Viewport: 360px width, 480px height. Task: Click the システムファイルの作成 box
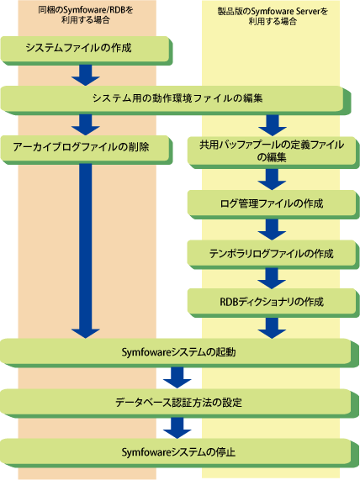click(x=87, y=50)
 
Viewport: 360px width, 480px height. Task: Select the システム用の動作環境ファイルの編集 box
click(x=176, y=100)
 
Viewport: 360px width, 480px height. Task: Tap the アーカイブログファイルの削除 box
click(x=87, y=150)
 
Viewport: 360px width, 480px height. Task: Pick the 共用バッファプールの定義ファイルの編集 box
click(x=273, y=152)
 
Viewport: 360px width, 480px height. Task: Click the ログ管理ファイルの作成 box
click(x=273, y=205)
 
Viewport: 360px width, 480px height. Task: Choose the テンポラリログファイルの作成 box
click(x=273, y=255)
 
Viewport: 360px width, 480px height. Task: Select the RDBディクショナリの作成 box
click(x=273, y=303)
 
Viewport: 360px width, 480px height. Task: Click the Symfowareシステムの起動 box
click(x=179, y=353)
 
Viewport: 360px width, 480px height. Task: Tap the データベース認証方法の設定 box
click(x=179, y=404)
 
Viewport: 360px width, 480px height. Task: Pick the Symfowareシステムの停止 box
click(x=179, y=453)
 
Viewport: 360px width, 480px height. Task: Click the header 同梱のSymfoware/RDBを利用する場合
click(x=86, y=14)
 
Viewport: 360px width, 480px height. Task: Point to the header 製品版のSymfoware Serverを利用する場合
click(x=273, y=16)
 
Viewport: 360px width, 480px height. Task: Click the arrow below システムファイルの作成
click(x=86, y=75)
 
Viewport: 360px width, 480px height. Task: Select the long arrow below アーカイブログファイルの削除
click(x=86, y=251)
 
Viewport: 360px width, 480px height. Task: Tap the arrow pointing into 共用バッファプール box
click(x=273, y=125)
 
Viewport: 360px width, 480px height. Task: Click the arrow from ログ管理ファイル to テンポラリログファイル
click(x=272, y=229)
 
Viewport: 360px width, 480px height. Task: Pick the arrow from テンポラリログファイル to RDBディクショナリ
click(x=272, y=278)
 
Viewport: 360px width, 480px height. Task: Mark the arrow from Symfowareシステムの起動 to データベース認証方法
click(x=177, y=377)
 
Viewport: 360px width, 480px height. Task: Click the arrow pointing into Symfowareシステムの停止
click(x=177, y=428)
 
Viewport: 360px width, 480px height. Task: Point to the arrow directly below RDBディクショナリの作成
click(x=272, y=328)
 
